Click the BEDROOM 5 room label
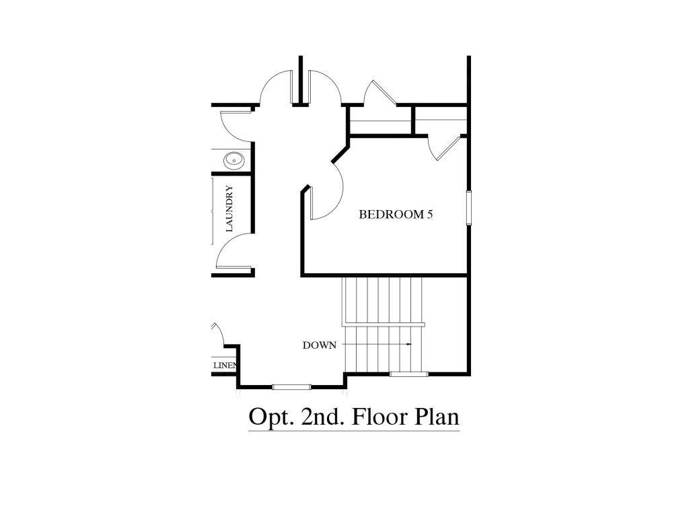click(395, 215)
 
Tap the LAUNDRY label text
click(229, 209)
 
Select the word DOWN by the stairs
click(319, 345)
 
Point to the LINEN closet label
click(225, 366)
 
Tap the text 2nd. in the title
click(316, 416)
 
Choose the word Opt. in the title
click(267, 417)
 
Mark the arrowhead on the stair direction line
click(408, 344)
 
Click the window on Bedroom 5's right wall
click(469, 207)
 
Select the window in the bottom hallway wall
click(291, 386)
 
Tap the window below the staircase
click(408, 374)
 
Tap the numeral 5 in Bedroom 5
click(429, 215)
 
